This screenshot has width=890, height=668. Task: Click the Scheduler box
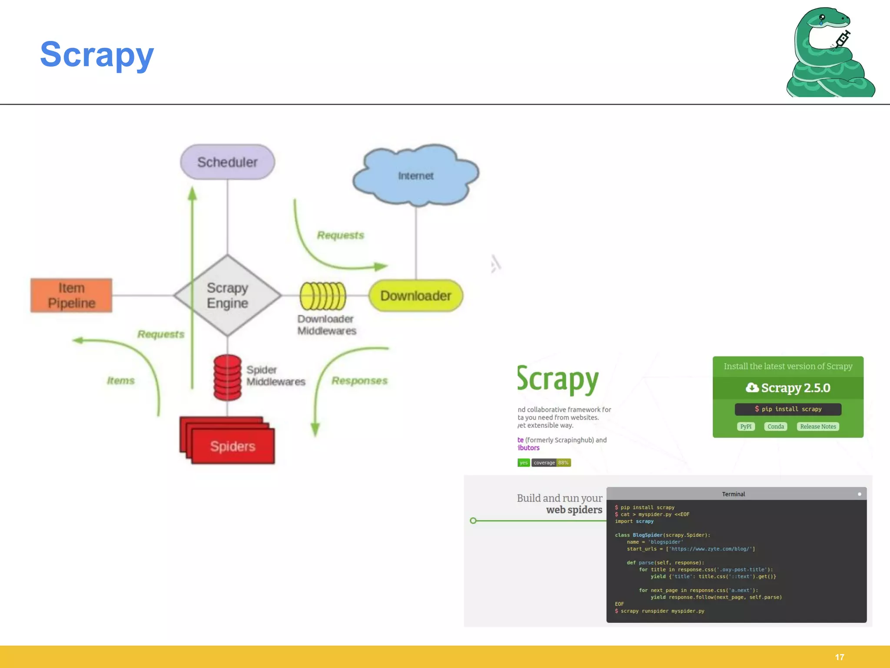pos(227,162)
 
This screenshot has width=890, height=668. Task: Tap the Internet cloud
pos(415,175)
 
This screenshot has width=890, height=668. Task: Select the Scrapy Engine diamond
pos(227,295)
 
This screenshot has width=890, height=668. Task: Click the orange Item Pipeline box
pos(71,295)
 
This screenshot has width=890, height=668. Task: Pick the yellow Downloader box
pos(415,296)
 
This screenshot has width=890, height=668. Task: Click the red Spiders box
pos(232,446)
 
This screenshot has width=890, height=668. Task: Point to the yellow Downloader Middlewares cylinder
pos(322,296)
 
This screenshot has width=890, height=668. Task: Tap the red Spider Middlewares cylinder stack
pos(227,377)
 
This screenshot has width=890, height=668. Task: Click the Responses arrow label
pos(359,381)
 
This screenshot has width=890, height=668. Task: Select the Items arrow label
pos(121,381)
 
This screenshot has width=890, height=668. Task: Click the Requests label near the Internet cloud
pos(340,235)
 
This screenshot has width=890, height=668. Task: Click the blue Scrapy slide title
pos(97,54)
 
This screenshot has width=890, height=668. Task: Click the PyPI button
pos(746,427)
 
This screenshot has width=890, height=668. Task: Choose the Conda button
pos(775,427)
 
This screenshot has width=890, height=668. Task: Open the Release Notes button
pos(818,427)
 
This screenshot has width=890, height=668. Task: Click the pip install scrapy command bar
pos(788,409)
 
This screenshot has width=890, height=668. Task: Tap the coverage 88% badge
pos(551,463)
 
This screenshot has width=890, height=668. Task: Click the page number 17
pos(839,657)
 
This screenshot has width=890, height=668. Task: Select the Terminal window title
pos(733,494)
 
